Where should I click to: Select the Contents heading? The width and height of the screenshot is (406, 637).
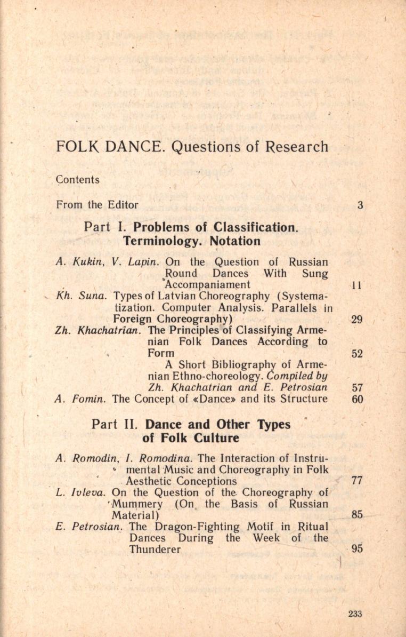78,180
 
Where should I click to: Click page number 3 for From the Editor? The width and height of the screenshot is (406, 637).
360,204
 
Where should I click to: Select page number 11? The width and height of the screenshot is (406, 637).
356,285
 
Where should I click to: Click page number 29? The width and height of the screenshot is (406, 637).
357,320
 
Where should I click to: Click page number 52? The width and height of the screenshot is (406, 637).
357,353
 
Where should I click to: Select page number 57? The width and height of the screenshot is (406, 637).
357,388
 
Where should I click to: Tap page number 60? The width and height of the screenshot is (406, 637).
357,399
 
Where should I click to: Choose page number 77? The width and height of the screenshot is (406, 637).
357,481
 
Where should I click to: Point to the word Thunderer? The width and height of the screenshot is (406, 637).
155,550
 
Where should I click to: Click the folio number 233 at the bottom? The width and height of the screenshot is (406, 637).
355,614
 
